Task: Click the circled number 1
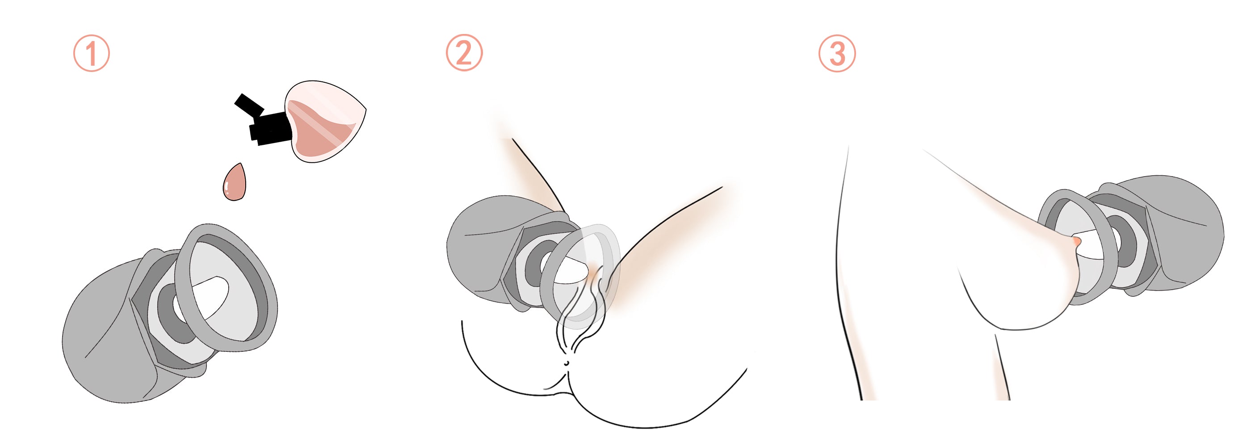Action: pos(91,54)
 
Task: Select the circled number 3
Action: pos(837,54)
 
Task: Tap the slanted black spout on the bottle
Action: pos(249,105)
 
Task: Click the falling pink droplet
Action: pos(235,182)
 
